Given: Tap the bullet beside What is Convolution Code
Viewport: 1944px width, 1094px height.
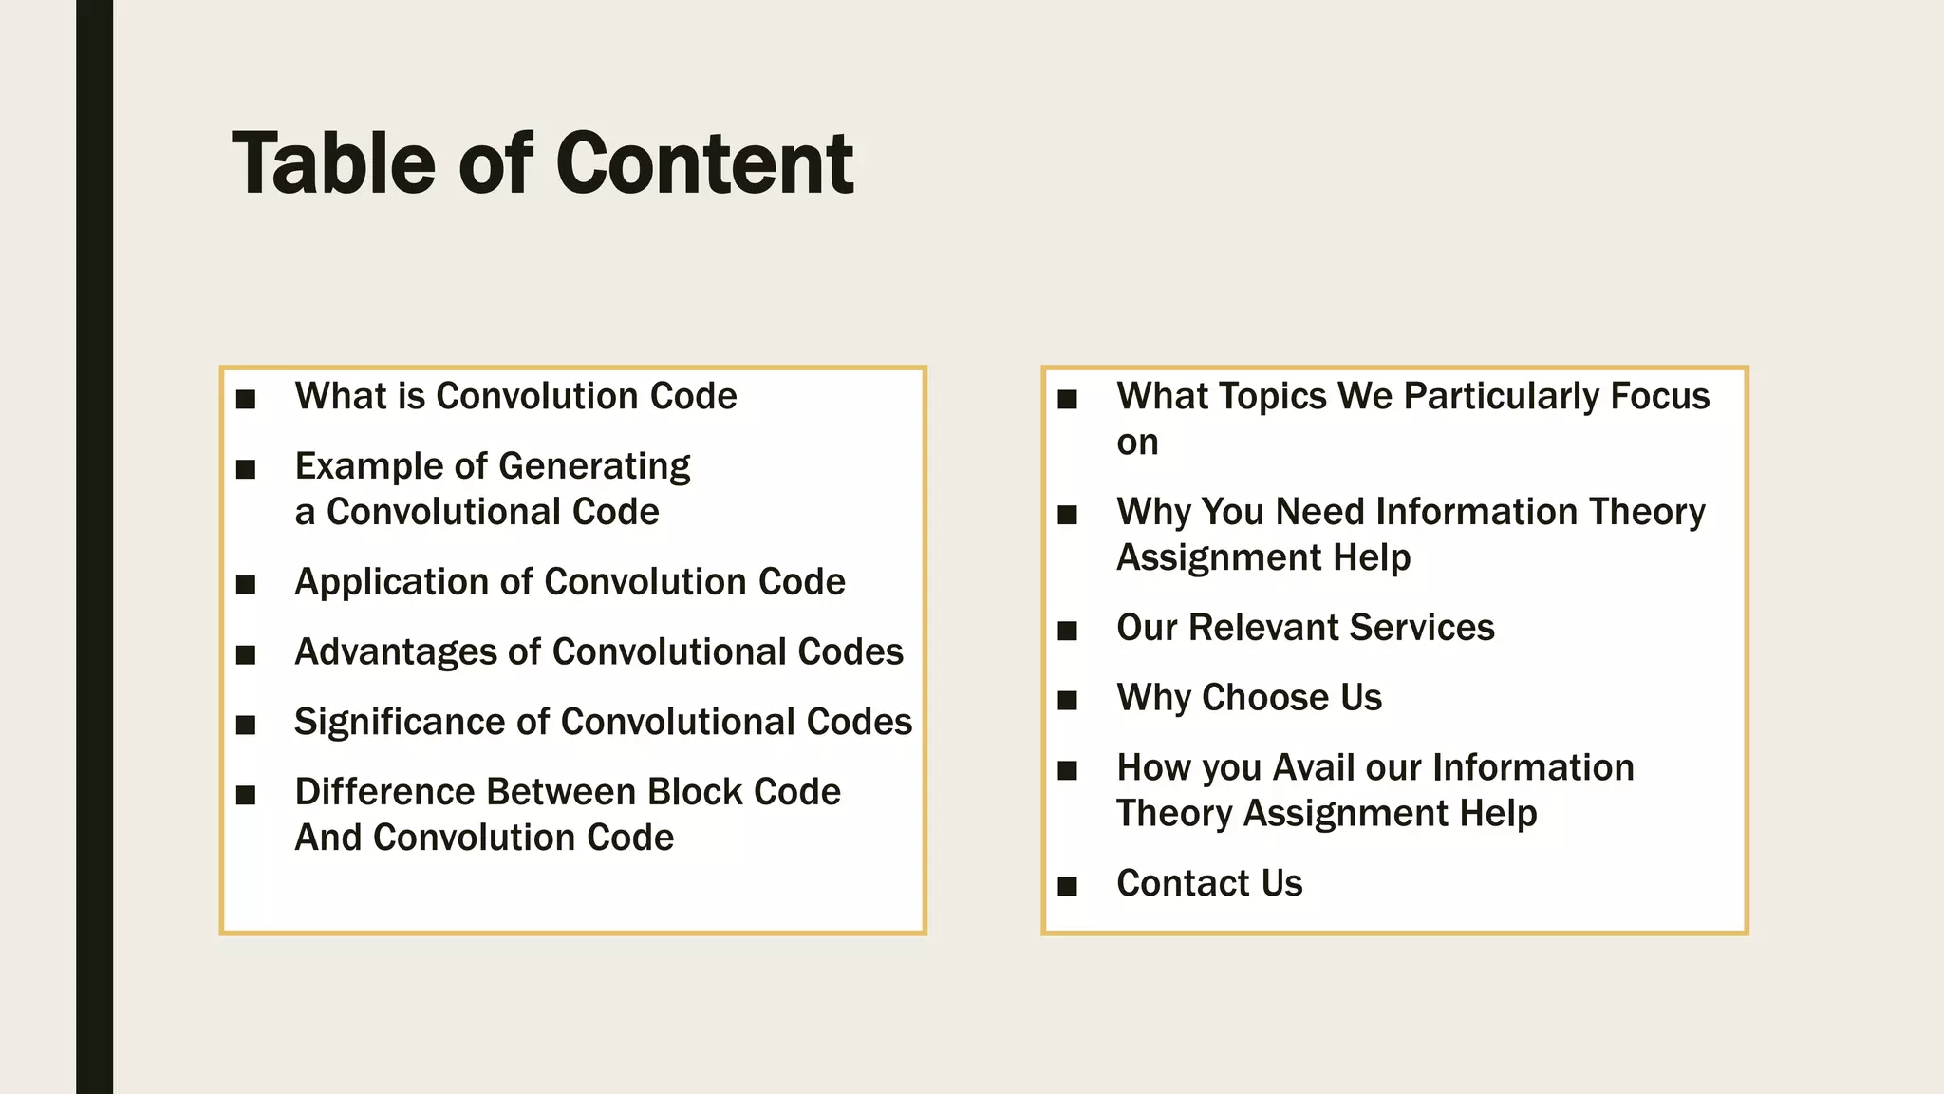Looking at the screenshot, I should [x=246, y=399].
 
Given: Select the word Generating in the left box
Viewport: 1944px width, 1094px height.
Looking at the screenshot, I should [x=594, y=467].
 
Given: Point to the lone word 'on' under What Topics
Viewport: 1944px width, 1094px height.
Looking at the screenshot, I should [x=1137, y=443].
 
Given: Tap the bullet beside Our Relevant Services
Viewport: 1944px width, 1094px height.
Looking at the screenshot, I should [x=1068, y=631].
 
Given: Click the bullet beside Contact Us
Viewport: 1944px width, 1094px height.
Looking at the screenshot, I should [x=1068, y=887].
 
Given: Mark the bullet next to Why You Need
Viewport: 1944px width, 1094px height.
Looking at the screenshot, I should [x=1068, y=515].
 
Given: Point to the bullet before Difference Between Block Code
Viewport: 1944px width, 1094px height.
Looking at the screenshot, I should [x=246, y=795].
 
